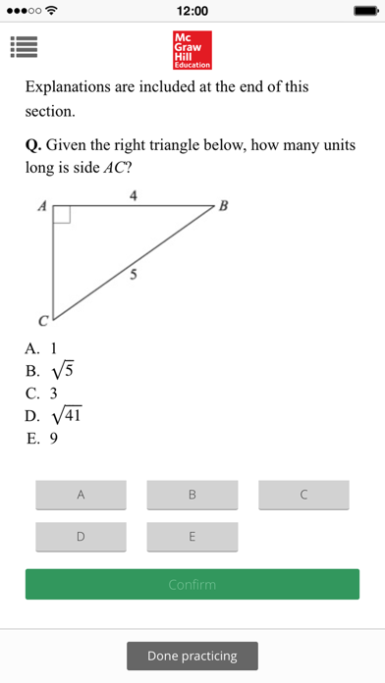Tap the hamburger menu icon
tap(23, 46)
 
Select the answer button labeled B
tap(192, 496)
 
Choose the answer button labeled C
tap(303, 496)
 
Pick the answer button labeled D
tap(81, 537)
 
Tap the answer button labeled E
tap(192, 537)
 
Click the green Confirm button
tap(192, 585)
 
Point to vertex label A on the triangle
tap(42, 206)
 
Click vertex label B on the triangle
tap(223, 206)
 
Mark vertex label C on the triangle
tap(42, 321)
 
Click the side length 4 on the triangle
tap(134, 196)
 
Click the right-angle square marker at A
tap(61, 215)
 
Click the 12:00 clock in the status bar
tap(192, 11)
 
